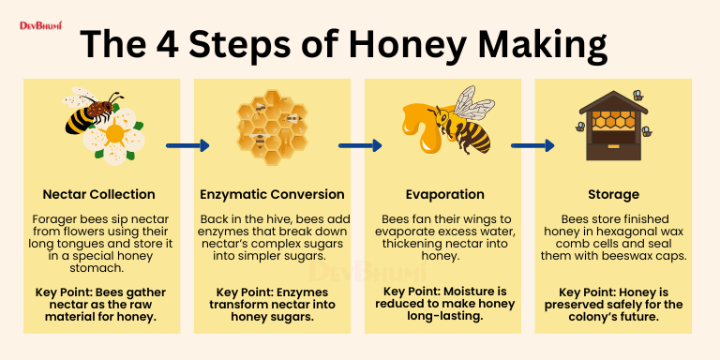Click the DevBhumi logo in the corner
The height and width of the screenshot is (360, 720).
(40, 25)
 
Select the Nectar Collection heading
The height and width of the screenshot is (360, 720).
(98, 194)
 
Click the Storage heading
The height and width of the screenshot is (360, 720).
(613, 194)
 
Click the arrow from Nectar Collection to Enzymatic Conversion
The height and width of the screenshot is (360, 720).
(187, 145)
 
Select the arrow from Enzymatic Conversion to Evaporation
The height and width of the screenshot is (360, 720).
(360, 145)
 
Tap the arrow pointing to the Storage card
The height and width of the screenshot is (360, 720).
(532, 145)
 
